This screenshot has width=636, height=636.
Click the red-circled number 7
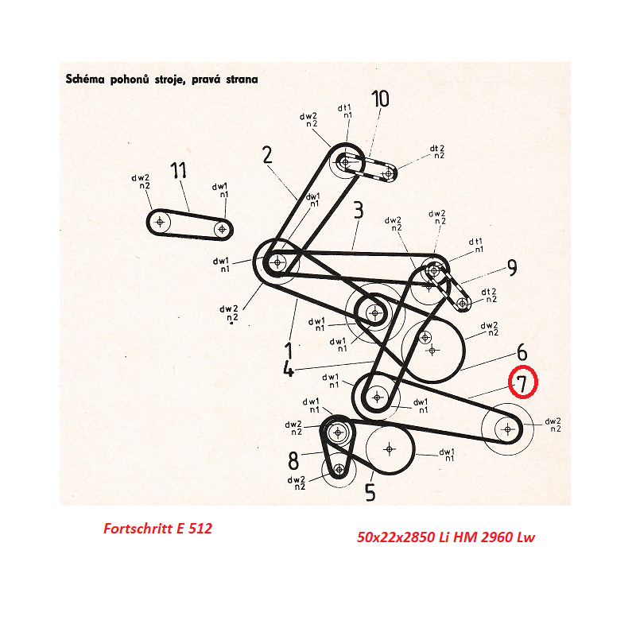(522, 382)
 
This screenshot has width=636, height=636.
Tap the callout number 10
(381, 99)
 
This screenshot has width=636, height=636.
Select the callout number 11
(178, 170)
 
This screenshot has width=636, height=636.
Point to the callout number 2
(267, 155)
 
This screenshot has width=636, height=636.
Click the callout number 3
(359, 210)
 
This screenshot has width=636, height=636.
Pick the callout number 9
(512, 267)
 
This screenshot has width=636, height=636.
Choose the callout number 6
(522, 352)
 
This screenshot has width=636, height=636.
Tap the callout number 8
(293, 460)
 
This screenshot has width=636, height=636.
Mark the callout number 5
(370, 492)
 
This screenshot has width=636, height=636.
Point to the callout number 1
(289, 351)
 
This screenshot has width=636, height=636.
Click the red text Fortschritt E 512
(157, 528)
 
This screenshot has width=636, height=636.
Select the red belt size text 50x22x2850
(396, 537)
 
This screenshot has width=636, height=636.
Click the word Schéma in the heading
(86, 79)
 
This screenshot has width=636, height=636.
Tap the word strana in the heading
(242, 79)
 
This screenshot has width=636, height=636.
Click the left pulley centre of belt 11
(160, 222)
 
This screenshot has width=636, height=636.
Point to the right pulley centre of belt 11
(222, 229)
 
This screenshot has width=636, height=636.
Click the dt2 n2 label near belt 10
(438, 152)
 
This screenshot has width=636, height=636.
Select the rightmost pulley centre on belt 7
(508, 429)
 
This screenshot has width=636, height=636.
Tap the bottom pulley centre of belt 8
(339, 470)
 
